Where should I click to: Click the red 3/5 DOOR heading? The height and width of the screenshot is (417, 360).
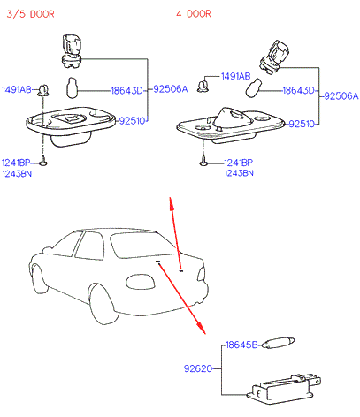[x=30, y=14]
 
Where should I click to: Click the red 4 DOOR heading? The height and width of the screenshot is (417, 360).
[x=194, y=13]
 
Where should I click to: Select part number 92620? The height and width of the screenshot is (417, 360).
[x=198, y=368]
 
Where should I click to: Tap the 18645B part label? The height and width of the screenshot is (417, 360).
[x=241, y=345]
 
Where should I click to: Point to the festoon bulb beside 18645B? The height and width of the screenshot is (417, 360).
[x=278, y=343]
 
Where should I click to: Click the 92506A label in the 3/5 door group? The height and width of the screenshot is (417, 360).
[x=171, y=89]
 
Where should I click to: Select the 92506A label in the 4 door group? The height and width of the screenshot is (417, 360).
[x=341, y=95]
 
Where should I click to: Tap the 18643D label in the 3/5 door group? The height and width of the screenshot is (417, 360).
[x=126, y=90]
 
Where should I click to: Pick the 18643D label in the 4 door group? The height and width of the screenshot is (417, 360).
[x=298, y=90]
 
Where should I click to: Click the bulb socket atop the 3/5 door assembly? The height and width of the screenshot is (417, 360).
[x=72, y=51]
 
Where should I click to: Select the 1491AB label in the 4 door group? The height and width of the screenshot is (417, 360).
[x=235, y=77]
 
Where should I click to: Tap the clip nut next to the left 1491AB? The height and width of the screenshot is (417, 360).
[x=43, y=90]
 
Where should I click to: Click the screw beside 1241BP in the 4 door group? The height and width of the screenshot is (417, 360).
[x=203, y=161]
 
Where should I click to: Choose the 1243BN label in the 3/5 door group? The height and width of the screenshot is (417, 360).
[x=17, y=174]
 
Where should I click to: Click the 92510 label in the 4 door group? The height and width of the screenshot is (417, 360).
[x=302, y=124]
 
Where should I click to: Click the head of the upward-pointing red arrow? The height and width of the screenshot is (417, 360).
[x=171, y=202]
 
